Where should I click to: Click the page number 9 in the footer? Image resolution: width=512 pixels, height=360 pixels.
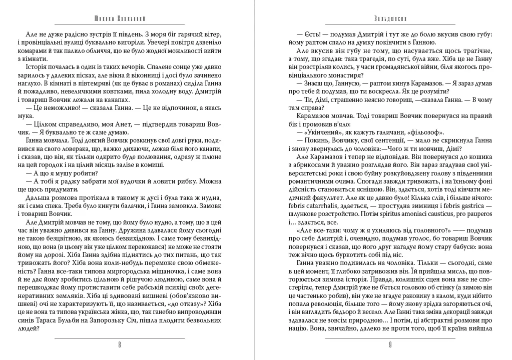click(x=390, y=344)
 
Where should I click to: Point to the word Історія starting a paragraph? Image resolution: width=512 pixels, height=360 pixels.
click(x=44, y=66)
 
